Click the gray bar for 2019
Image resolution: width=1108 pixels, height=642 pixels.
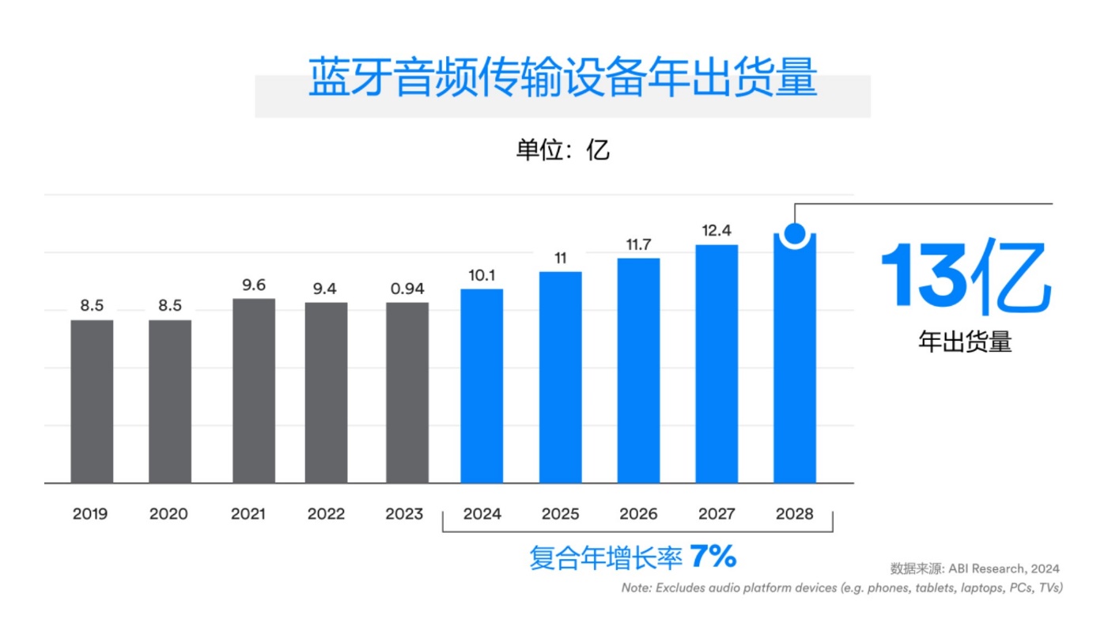click(92, 401)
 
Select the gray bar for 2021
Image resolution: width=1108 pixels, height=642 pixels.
click(254, 391)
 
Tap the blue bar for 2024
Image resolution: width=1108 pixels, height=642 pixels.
click(482, 386)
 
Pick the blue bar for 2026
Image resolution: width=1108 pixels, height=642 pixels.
click(638, 370)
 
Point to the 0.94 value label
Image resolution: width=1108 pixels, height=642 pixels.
click(407, 289)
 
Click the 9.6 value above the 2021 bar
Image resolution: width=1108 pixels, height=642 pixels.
click(254, 285)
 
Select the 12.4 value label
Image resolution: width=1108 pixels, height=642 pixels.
click(717, 231)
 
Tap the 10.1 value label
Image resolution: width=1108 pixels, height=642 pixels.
click(482, 275)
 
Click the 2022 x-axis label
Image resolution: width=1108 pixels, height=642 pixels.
click(326, 514)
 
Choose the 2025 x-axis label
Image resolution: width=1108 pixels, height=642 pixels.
click(561, 514)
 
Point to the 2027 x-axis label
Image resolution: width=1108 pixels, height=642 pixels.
click(717, 514)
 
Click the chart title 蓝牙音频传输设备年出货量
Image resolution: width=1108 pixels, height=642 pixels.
click(562, 78)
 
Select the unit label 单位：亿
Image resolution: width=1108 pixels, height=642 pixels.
click(562, 149)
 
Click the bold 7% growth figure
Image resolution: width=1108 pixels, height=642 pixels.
click(713, 557)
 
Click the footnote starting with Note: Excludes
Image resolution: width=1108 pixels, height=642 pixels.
click(841, 588)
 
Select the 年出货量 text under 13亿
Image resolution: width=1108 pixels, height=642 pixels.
click(965, 342)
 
